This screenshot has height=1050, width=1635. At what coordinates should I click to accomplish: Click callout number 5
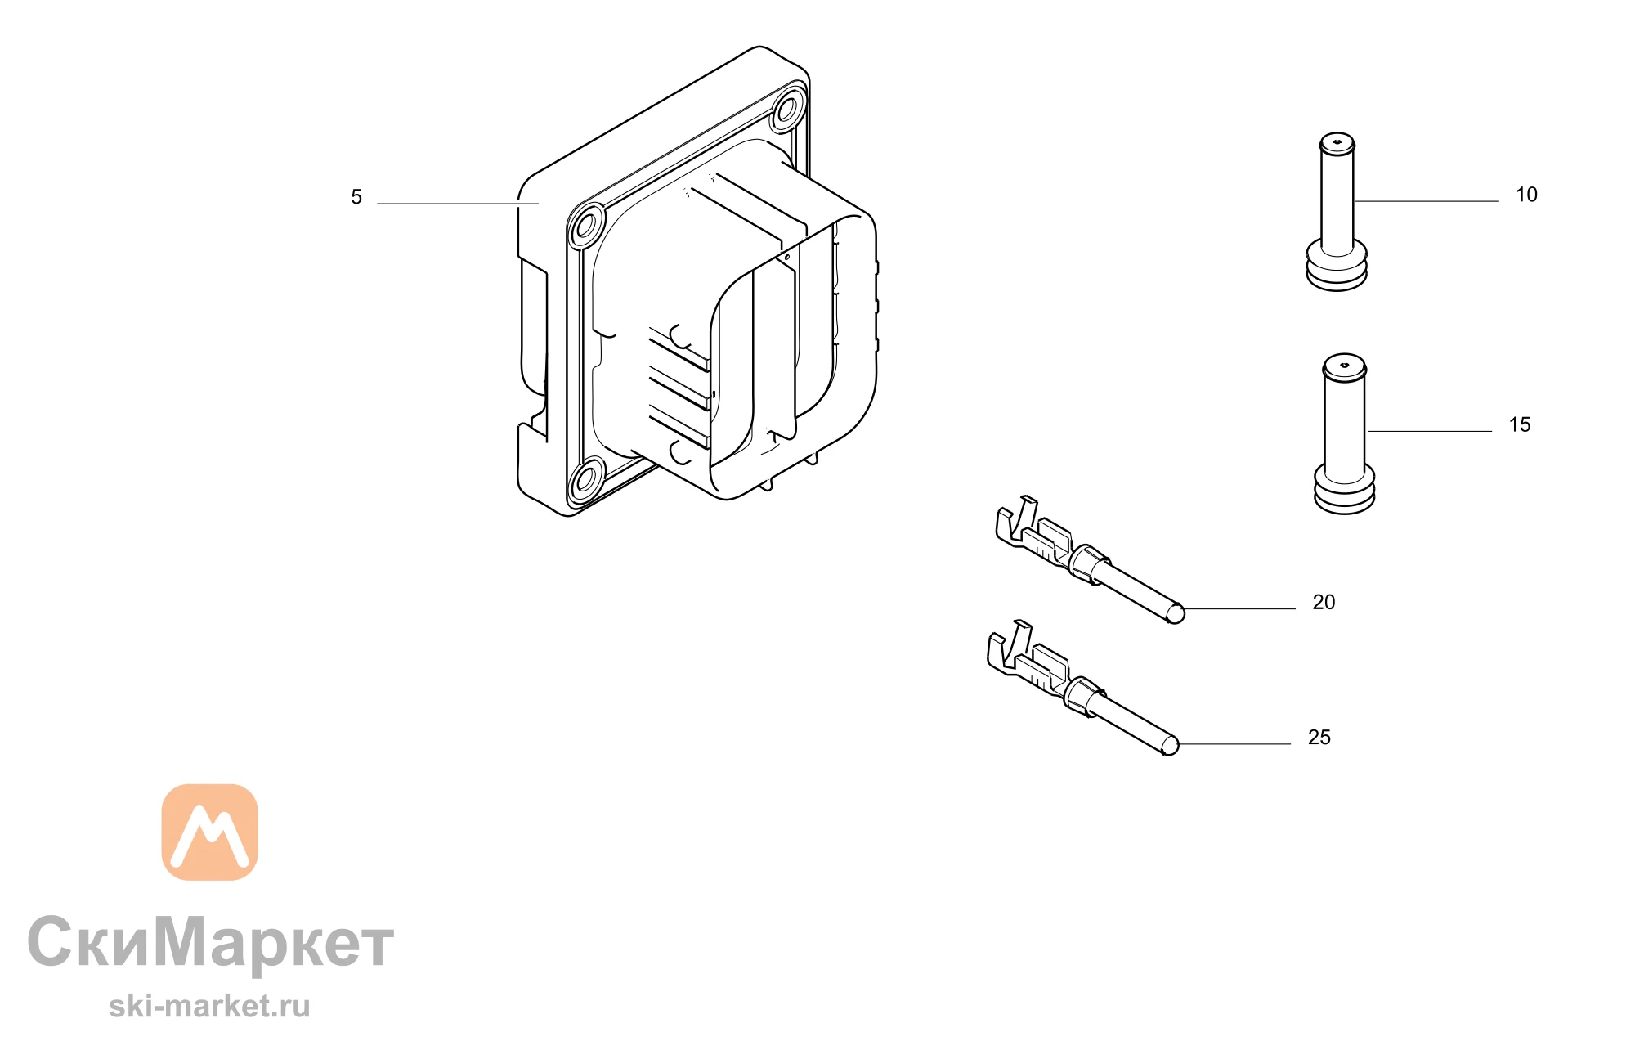click(356, 197)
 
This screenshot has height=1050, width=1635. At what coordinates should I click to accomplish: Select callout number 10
click(1526, 195)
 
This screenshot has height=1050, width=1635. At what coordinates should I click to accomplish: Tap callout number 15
click(1520, 424)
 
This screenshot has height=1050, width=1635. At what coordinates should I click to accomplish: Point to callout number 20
click(1324, 602)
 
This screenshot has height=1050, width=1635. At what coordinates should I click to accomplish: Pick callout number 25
click(1319, 737)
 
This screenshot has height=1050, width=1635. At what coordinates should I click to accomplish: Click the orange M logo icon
click(210, 832)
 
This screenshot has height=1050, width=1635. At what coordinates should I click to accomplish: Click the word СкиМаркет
click(211, 942)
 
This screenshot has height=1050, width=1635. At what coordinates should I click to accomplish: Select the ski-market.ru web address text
click(209, 1006)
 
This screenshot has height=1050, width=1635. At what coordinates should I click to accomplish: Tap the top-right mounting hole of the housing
click(788, 109)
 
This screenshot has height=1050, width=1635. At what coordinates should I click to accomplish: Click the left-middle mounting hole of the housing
click(586, 224)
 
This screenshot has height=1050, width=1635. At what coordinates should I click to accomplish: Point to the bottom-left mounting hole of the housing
click(586, 479)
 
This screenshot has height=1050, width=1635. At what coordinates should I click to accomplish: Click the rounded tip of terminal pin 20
click(1176, 613)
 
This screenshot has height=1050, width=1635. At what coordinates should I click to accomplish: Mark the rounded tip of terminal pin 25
click(1171, 745)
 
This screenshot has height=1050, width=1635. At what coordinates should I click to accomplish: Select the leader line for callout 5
click(458, 204)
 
